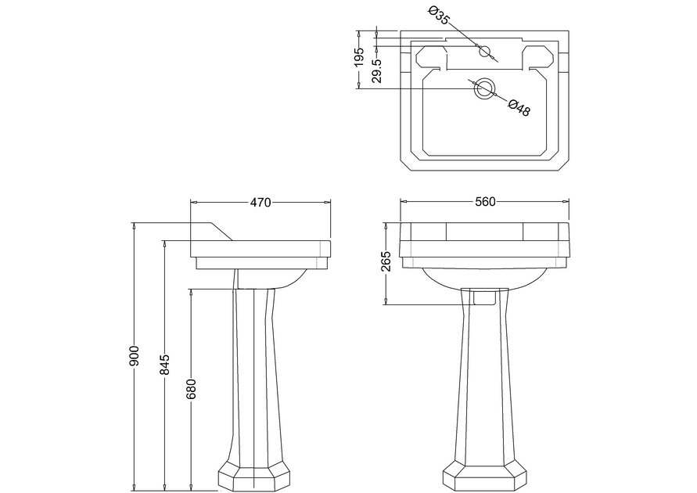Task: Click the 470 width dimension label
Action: (260, 202)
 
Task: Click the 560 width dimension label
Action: (485, 202)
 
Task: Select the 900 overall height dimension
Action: (135, 355)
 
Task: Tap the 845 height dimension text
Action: (165, 364)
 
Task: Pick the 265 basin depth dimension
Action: (386, 261)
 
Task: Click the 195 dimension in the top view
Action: (359, 57)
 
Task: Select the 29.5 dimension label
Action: (377, 71)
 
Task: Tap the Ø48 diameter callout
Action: (519, 107)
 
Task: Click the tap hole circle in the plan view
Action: (484, 51)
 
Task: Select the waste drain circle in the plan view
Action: (483, 88)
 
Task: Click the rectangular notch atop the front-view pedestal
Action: (484, 297)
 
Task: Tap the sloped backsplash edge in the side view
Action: (221, 232)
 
